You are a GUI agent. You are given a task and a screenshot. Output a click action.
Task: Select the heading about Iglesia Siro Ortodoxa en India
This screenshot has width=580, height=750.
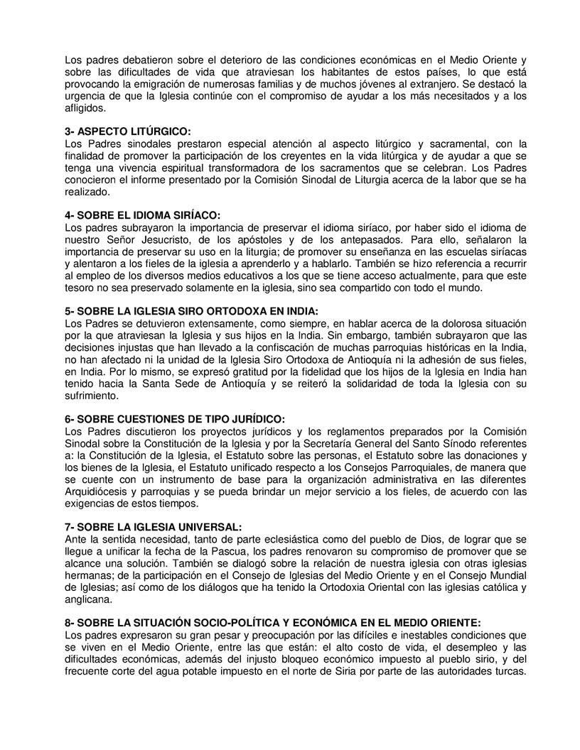point(191,311)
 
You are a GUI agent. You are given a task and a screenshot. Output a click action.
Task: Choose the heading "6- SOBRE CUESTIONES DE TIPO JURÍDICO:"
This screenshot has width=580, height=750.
point(175,419)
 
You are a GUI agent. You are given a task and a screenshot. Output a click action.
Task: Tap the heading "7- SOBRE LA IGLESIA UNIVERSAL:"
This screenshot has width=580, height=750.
point(152,527)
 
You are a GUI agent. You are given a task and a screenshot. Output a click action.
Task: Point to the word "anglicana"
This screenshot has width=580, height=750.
point(87,599)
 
